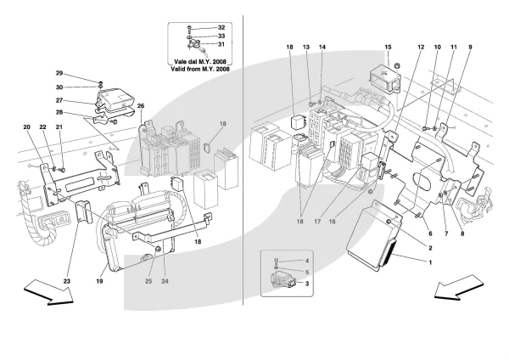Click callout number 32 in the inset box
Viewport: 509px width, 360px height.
click(221, 28)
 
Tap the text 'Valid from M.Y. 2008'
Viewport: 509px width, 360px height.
click(200, 69)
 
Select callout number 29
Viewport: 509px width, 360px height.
click(59, 73)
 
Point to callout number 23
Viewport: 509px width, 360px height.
click(66, 281)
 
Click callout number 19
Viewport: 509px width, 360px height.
click(99, 281)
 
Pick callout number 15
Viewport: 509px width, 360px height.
click(388, 47)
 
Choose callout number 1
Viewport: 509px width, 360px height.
click(430, 262)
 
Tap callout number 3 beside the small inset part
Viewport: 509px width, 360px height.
click(307, 284)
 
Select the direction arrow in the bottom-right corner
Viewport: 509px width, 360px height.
click(458, 287)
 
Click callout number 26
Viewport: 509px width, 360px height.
click(141, 105)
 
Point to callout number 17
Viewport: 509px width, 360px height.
click(317, 222)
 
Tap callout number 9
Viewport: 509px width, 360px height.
click(470, 47)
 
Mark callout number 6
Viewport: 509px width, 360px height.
click(430, 233)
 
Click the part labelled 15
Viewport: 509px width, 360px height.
click(384, 79)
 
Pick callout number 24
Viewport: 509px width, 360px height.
click(165, 281)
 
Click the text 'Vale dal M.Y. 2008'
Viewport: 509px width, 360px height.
click(200, 61)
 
